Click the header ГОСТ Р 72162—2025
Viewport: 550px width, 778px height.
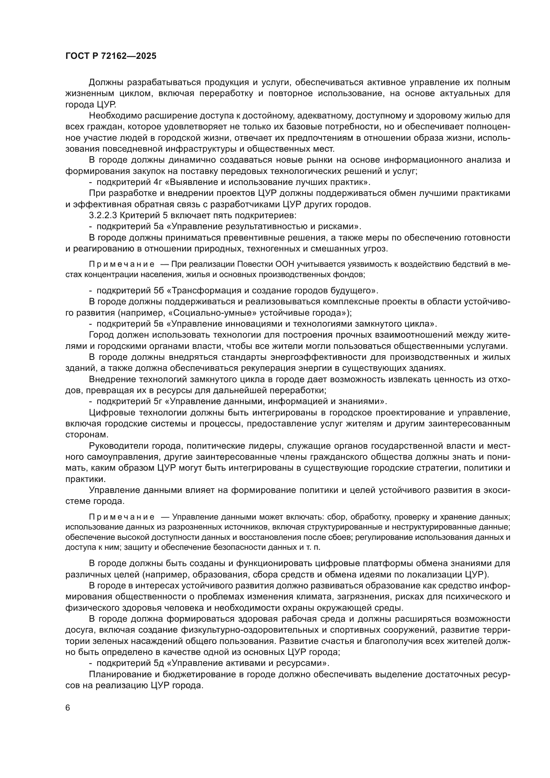111,56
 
